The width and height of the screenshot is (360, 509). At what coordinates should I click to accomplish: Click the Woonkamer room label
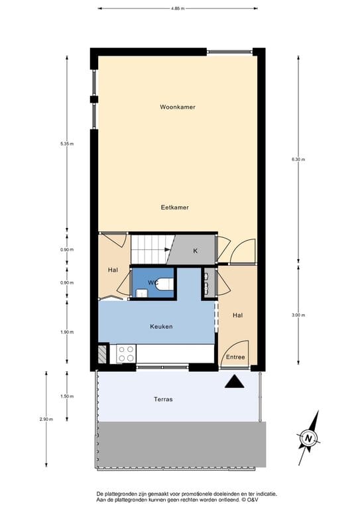tap(177, 107)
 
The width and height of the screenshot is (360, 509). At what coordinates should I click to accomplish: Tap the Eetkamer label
tap(175, 207)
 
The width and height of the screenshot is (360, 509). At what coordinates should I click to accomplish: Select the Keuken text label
tap(161, 327)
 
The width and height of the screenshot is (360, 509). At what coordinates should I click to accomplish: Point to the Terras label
tap(163, 400)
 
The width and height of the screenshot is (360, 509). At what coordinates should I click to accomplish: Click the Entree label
tap(235, 357)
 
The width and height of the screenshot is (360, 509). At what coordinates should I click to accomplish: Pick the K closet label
tap(195, 251)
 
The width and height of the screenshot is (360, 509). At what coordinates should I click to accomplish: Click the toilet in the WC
tap(166, 285)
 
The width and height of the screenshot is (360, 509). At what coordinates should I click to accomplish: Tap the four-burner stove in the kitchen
tap(126, 354)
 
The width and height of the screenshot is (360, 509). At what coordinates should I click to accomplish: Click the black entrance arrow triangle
tap(234, 381)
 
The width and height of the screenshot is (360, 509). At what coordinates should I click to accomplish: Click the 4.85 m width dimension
tap(177, 9)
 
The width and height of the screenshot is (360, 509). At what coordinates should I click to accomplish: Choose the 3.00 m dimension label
tap(298, 315)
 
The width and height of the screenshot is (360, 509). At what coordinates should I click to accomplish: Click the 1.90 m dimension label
tap(67, 332)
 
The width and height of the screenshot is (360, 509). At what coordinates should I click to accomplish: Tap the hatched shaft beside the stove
tap(102, 354)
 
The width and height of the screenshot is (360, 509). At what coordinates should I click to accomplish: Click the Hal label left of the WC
tap(113, 270)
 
